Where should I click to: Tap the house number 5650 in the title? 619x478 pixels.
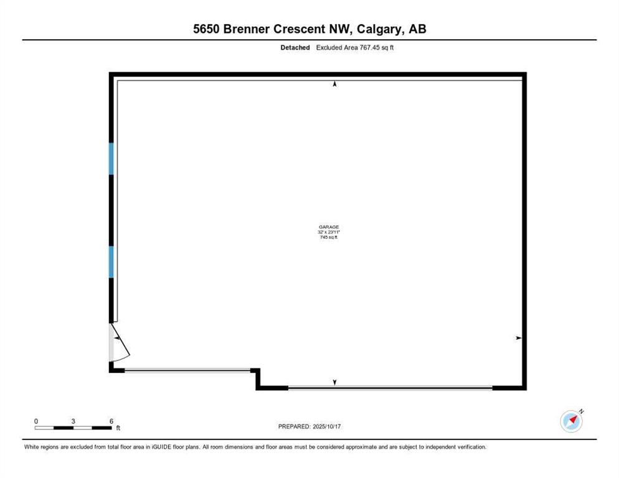point(207,29)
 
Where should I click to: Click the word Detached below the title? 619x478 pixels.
point(295,47)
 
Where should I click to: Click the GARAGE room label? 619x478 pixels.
point(329,227)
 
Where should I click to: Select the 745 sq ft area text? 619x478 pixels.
point(329,237)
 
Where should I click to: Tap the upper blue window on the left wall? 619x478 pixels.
point(111,159)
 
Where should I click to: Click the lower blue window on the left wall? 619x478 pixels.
point(111,262)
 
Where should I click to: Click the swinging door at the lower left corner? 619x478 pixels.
point(120,342)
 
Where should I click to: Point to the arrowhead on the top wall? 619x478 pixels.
point(335,83)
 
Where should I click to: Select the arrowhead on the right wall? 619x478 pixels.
point(518,338)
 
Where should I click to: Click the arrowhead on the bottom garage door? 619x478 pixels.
point(335,382)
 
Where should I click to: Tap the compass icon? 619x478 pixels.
point(571,421)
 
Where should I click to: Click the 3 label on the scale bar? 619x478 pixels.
point(73,421)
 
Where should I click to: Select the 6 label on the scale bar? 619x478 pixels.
point(111,421)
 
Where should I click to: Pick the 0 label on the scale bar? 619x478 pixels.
point(36,421)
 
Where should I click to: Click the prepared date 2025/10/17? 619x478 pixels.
point(327,426)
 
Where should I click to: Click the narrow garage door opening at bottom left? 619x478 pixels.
point(187,370)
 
